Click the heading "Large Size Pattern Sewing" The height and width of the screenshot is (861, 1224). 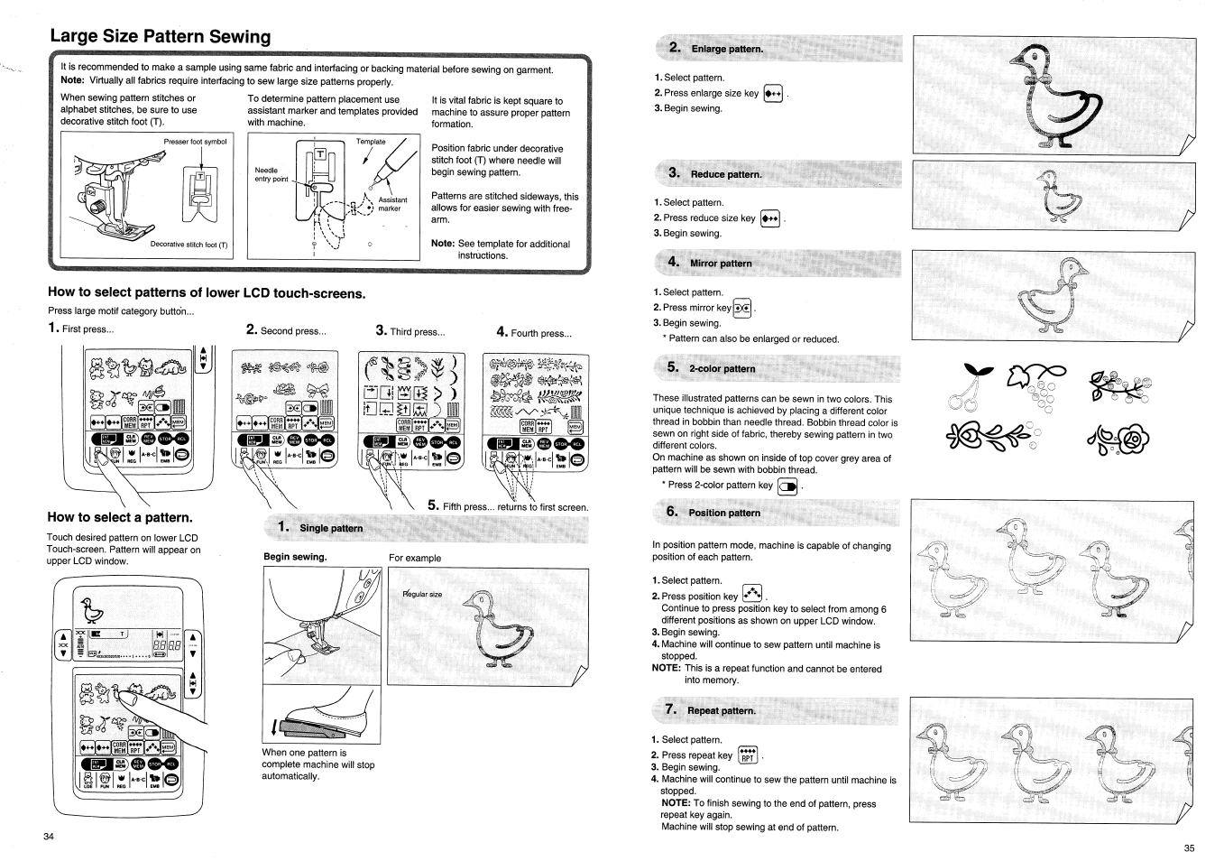[x=161, y=37]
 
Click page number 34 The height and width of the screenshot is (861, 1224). [x=49, y=836]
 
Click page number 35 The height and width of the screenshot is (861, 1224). [x=1189, y=847]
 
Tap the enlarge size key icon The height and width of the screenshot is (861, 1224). [x=773, y=94]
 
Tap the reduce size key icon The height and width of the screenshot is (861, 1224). [x=769, y=218]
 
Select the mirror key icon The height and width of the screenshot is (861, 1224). [x=742, y=309]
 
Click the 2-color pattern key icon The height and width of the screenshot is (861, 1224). [x=787, y=486]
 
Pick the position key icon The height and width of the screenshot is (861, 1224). [x=751, y=595]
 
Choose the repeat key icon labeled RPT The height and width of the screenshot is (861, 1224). [x=748, y=755]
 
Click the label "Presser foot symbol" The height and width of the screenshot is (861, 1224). [x=195, y=142]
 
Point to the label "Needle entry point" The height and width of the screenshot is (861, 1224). [x=271, y=174]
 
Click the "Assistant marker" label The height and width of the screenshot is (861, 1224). [x=392, y=204]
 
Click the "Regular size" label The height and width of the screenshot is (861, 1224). [x=423, y=595]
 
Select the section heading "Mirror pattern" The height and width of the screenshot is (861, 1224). [x=720, y=264]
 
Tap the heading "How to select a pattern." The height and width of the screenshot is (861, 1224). [x=120, y=517]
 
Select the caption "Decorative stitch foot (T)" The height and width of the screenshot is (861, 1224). [x=189, y=245]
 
